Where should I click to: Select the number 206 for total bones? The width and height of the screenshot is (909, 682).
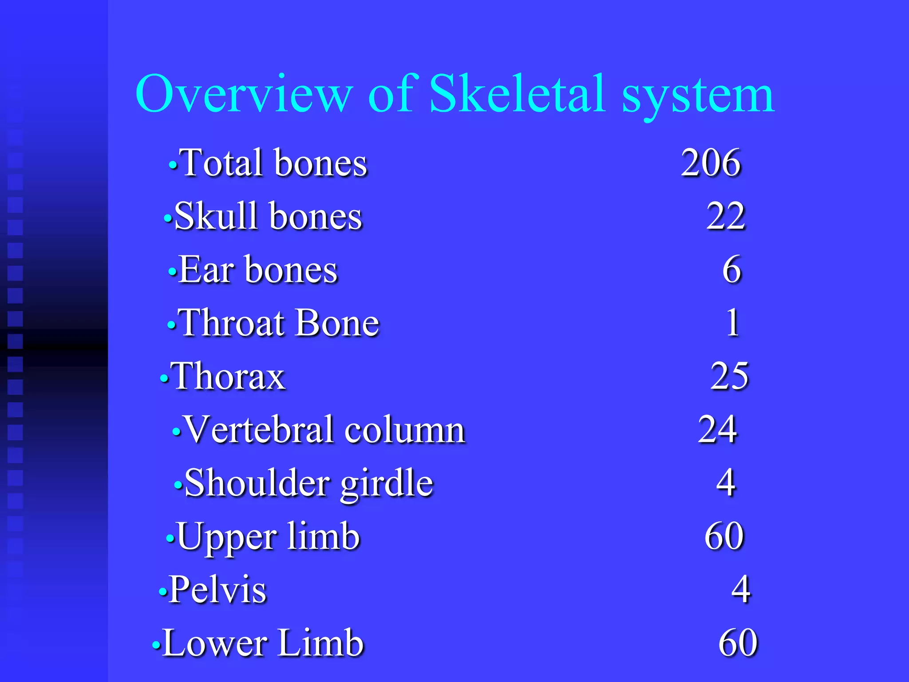coord(711,163)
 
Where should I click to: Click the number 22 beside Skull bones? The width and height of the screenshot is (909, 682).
coord(726,217)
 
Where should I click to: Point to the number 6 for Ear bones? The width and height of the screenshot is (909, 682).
coord(731,270)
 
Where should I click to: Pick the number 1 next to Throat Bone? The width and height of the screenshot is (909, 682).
coord(733,323)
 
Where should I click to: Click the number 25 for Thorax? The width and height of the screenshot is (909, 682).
coord(729,377)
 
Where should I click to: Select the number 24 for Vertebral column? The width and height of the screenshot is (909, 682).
coord(717,430)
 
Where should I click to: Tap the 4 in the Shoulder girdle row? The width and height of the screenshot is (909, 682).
coord(726,483)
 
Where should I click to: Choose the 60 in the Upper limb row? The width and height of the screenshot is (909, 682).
coord(724,536)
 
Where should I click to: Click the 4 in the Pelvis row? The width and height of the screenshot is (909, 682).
coord(741,590)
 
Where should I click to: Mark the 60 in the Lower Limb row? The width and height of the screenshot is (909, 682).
coord(738,643)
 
